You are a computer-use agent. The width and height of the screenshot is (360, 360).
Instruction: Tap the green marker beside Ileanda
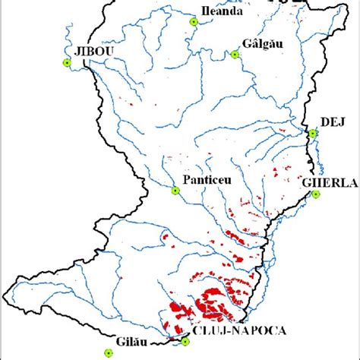(x=194, y=22)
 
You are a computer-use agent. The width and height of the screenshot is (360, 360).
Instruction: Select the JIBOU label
(x=90, y=50)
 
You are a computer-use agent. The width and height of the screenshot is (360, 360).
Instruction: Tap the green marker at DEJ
(x=311, y=134)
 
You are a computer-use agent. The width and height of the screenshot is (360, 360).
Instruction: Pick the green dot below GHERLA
(x=316, y=195)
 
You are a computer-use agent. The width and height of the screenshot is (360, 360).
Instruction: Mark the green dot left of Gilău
(x=108, y=352)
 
